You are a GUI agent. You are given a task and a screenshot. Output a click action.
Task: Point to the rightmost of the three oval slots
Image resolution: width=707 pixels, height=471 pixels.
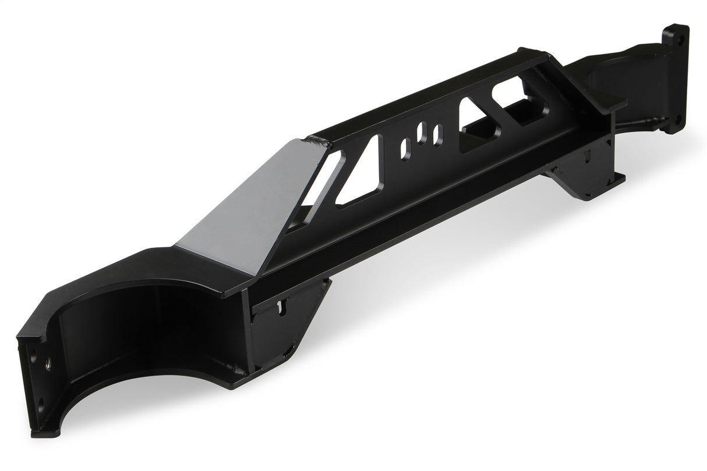click(x=437, y=134)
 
